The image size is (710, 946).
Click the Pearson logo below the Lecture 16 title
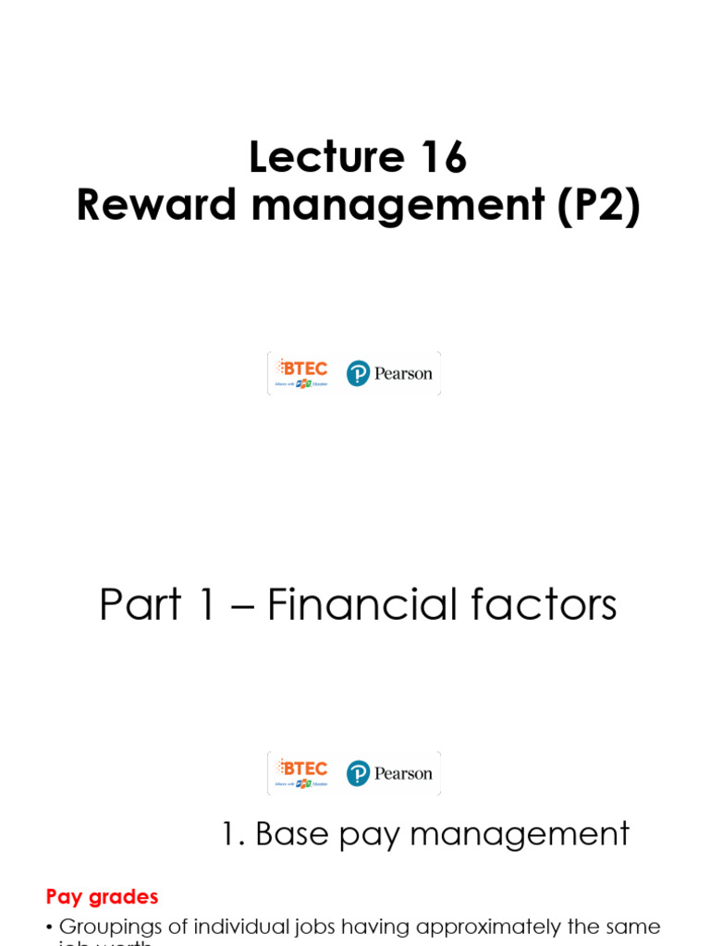click(389, 373)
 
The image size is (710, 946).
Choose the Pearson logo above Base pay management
click(389, 773)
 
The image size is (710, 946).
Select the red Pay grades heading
click(103, 896)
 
